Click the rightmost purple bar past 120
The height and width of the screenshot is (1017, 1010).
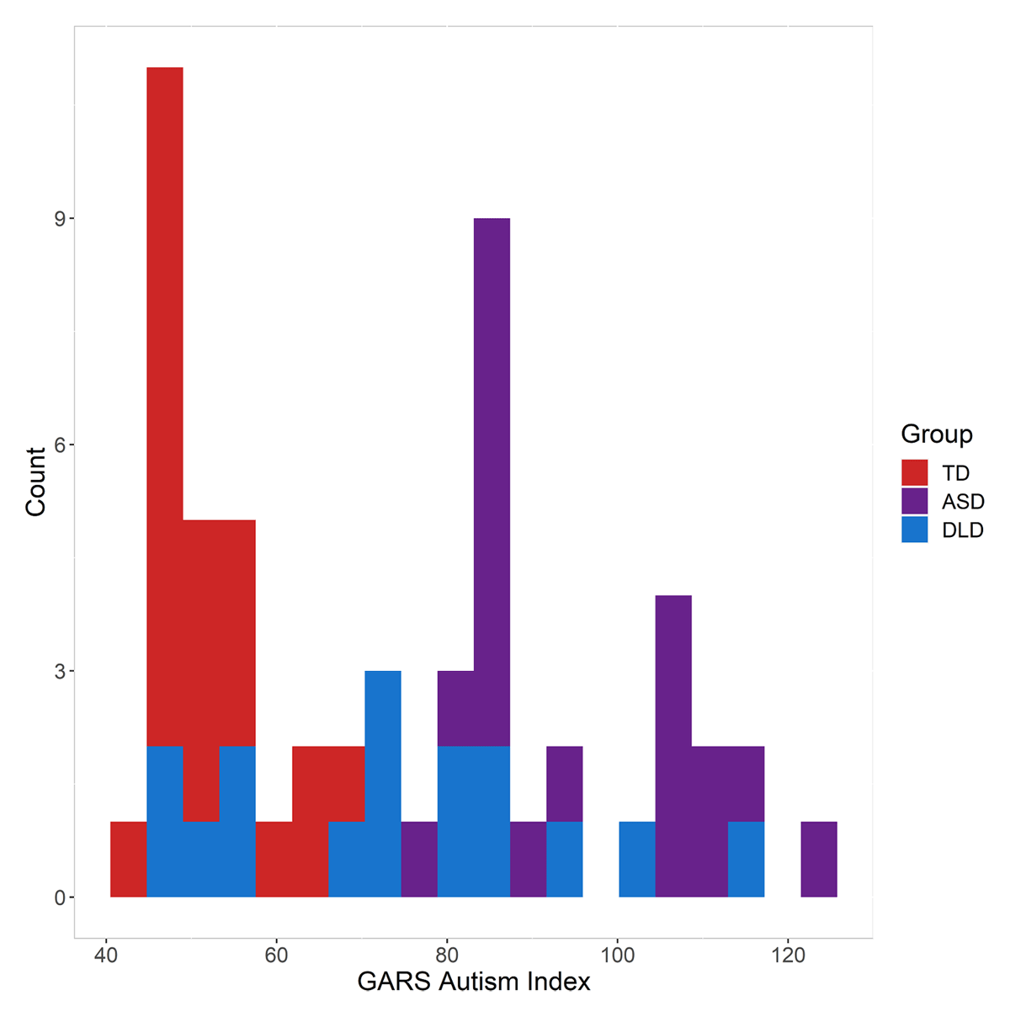coord(819,860)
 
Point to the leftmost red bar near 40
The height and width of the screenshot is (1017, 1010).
coord(129,860)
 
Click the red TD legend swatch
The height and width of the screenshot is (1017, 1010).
coord(914,472)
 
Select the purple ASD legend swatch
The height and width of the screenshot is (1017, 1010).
coord(914,501)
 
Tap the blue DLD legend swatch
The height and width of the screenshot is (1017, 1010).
coord(914,530)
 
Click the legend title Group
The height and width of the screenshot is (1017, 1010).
coord(936,434)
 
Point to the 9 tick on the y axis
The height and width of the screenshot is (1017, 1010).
coord(60,219)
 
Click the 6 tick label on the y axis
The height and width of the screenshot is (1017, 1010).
coord(60,445)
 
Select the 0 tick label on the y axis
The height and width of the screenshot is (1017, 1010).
coord(60,897)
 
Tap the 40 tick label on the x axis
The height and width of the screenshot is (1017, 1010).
coord(106,956)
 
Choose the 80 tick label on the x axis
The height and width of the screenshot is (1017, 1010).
coord(447,956)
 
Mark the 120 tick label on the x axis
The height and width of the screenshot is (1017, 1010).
coord(788,956)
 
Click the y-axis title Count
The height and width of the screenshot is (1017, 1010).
coord(35,482)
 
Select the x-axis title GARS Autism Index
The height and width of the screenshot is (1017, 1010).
coord(474,982)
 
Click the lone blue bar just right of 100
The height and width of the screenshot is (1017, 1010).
coord(637,860)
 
